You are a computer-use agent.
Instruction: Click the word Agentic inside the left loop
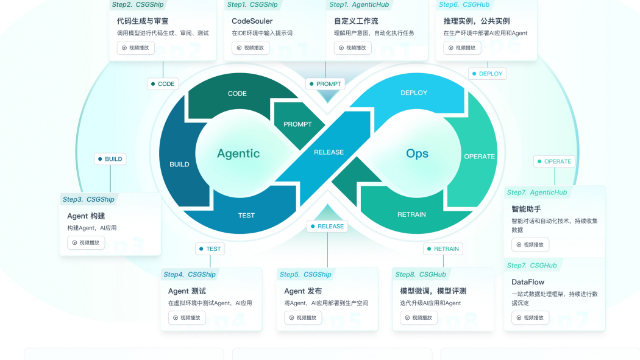coord(238,154)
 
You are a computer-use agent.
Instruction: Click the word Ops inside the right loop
coord(417,154)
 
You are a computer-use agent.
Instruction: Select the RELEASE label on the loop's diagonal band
coord(329,152)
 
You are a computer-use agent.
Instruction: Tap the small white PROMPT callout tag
coord(325,84)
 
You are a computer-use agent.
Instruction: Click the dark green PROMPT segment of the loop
coord(297,124)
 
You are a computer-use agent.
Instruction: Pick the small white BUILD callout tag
coord(110,159)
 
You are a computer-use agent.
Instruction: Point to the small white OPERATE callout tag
coord(554,161)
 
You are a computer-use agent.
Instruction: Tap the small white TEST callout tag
coord(210,249)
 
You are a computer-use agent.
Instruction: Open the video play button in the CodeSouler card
coord(251,48)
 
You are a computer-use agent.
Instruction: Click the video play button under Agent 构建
coord(86,242)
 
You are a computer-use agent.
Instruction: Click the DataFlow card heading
coord(528,281)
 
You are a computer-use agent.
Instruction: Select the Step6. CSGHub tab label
coord(464,4)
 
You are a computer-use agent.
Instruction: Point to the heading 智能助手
coord(526,209)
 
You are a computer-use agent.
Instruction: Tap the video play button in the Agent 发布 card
coord(304,317)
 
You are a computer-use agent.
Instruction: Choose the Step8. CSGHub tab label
coord(421,274)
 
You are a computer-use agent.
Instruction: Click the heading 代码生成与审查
coord(143,21)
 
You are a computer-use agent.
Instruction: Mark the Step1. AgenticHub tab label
coord(359,4)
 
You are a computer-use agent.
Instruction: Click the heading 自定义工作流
coord(356,21)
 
